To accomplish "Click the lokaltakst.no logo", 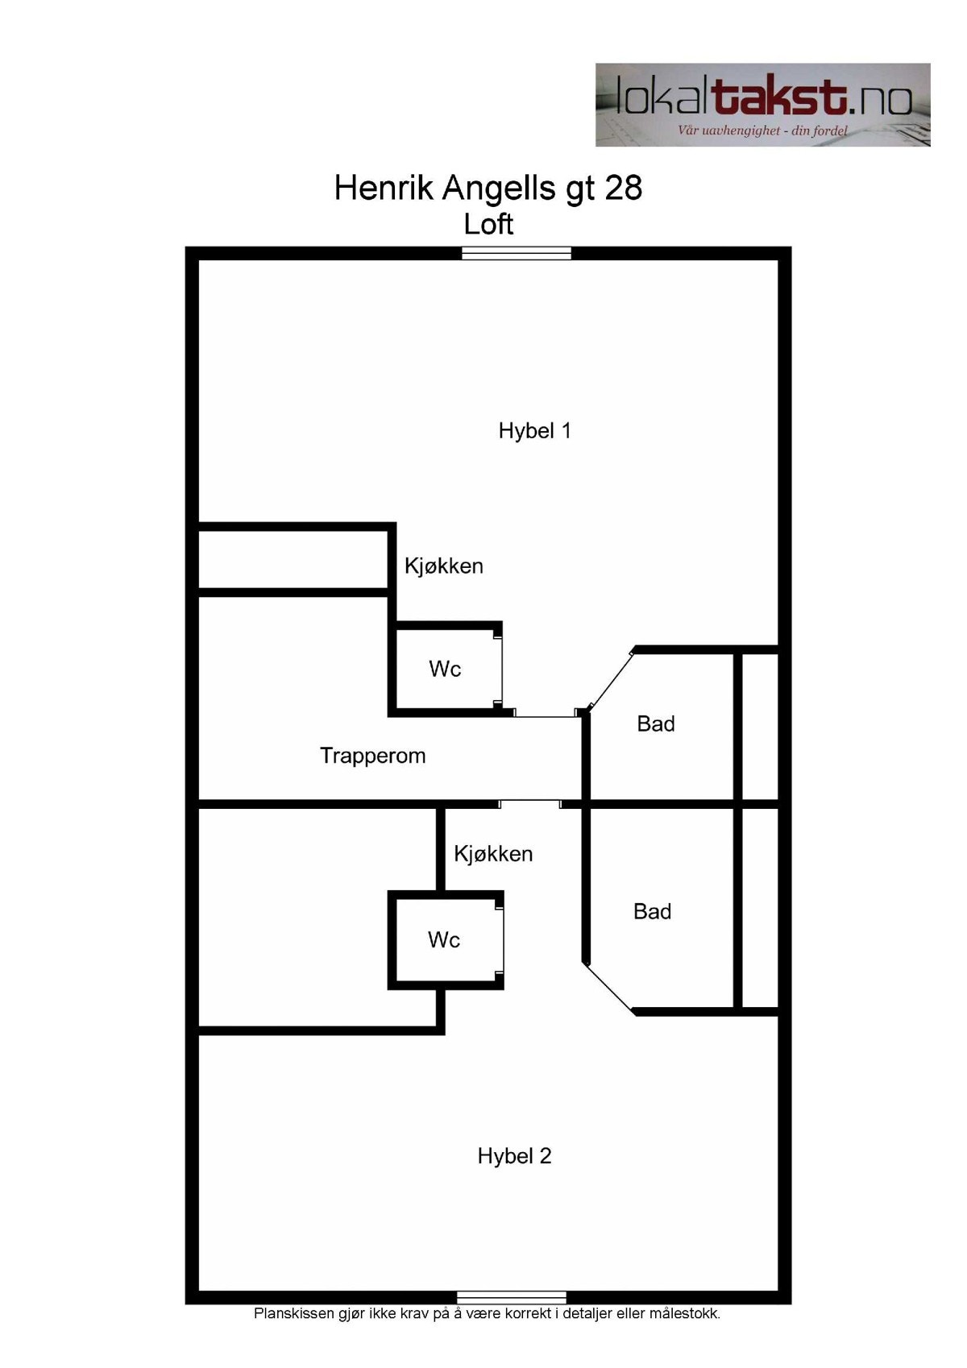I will click(x=762, y=105).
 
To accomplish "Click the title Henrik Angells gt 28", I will click(x=488, y=189).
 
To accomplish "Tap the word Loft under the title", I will click(x=488, y=224).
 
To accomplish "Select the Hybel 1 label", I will click(x=535, y=431).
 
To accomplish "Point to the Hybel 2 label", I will click(x=514, y=1156).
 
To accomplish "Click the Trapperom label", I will click(x=372, y=756).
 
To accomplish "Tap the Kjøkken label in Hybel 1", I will click(x=444, y=566).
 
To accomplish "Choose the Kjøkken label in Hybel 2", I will click(x=493, y=854).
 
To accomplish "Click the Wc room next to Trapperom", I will click(x=445, y=669).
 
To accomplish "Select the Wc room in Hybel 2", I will click(x=444, y=939).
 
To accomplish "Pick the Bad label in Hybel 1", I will click(x=656, y=724).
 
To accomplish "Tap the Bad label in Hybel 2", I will click(x=653, y=912).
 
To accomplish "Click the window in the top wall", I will click(x=517, y=254).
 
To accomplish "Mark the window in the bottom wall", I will click(x=512, y=1297).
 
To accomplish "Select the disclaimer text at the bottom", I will click(x=487, y=1314).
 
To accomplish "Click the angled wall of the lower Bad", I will click(x=609, y=986).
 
